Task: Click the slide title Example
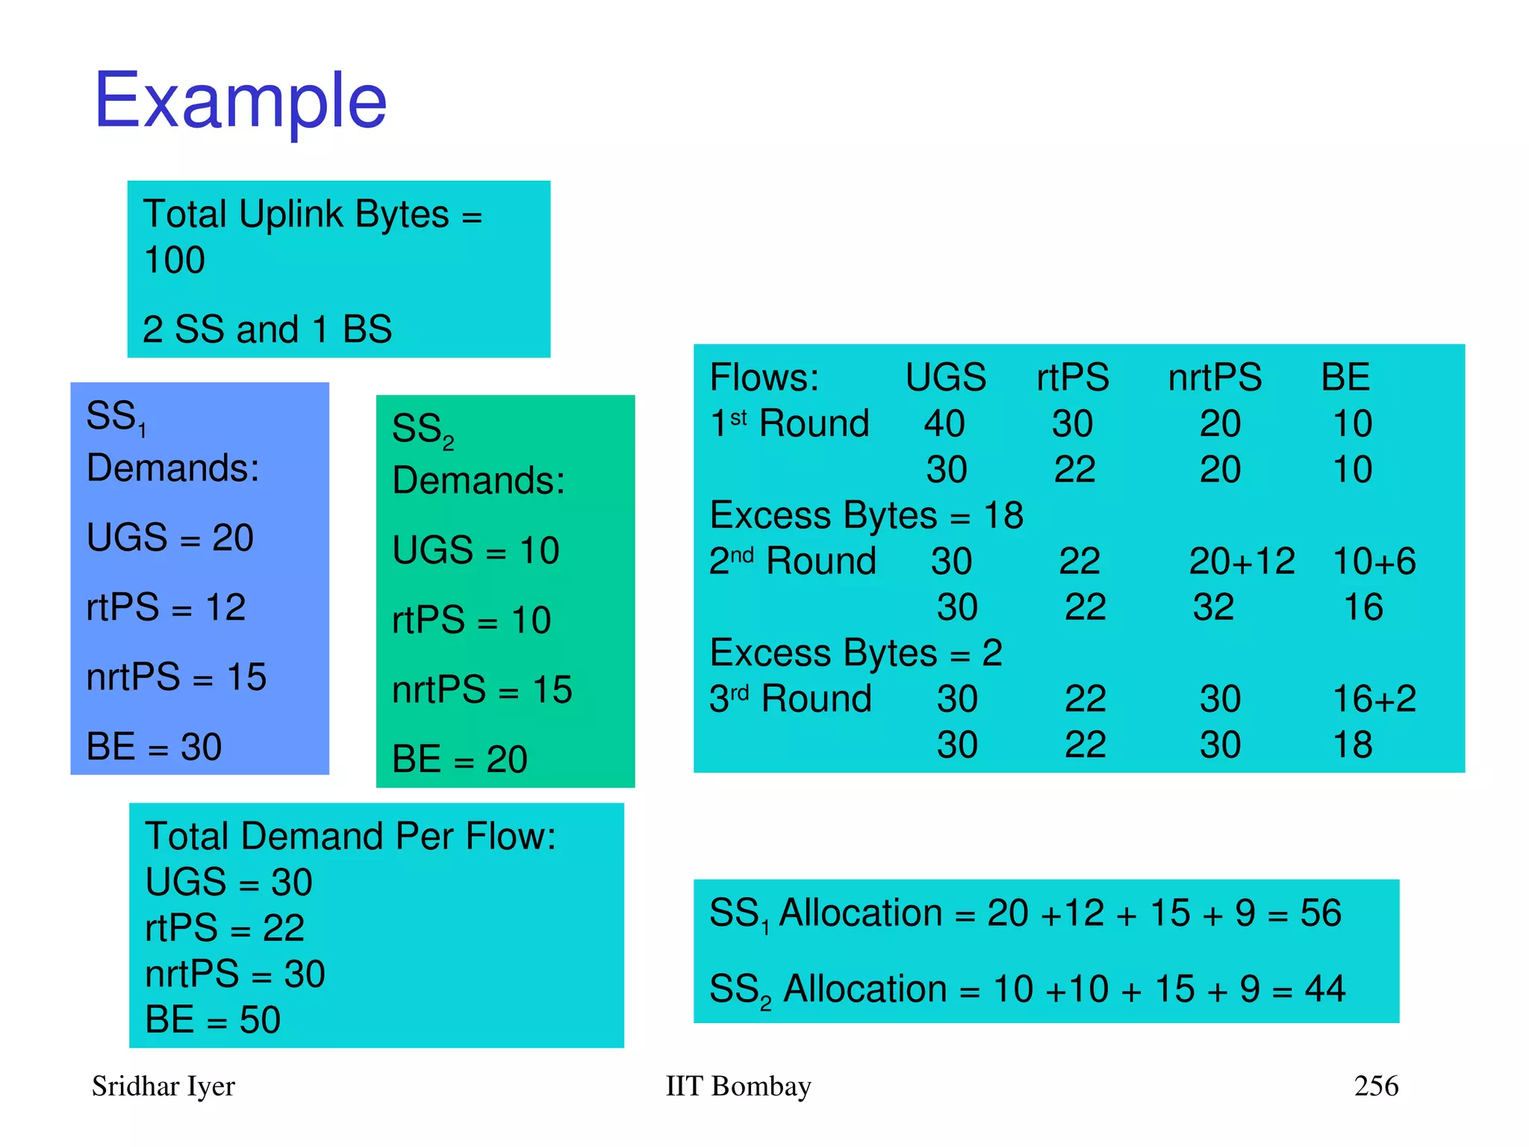point(240,100)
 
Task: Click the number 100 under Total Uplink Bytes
point(174,261)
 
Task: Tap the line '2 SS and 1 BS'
point(267,329)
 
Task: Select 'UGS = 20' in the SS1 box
point(169,538)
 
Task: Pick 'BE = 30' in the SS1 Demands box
point(154,747)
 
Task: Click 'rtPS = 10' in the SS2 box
point(471,621)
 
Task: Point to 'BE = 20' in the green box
point(459,759)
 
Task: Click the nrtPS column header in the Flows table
point(1214,377)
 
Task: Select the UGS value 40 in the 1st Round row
point(944,423)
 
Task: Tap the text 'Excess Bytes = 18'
point(866,515)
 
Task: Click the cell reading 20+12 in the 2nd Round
point(1242,561)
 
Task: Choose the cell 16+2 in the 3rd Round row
point(1374,699)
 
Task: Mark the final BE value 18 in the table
point(1352,745)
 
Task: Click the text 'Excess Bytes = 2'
point(856,653)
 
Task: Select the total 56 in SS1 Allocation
point(1321,913)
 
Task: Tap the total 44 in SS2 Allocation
point(1324,989)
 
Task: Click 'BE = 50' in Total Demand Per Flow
point(213,1019)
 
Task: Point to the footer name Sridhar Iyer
point(163,1086)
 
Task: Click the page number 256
point(1376,1086)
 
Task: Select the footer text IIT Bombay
point(738,1086)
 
